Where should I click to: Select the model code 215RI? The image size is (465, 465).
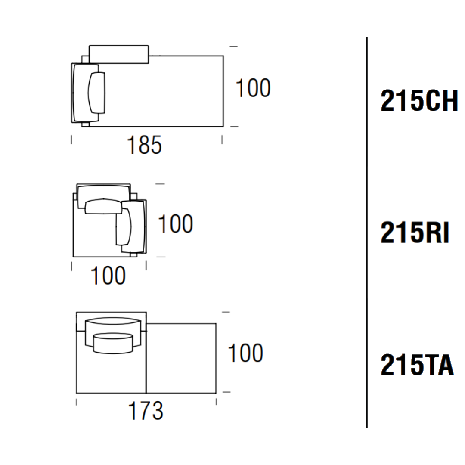(x=415, y=232)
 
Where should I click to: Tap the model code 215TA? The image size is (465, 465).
(x=417, y=365)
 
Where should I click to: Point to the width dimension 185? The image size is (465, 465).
(x=144, y=145)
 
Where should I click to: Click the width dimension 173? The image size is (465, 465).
(x=146, y=411)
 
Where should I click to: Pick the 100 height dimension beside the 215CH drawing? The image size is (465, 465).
(x=253, y=88)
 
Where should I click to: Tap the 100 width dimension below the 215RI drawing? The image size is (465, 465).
(x=108, y=276)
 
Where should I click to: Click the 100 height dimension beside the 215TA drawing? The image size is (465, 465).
(x=245, y=353)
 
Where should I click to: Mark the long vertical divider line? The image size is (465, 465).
(x=367, y=232)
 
